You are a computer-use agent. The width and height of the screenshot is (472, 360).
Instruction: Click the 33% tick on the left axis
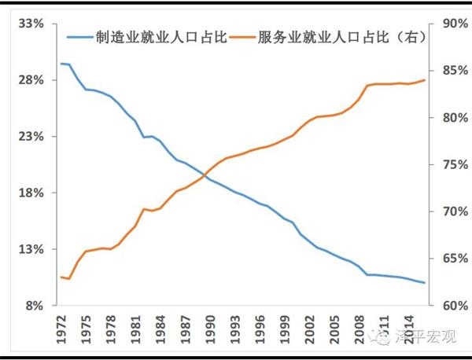(x=29, y=24)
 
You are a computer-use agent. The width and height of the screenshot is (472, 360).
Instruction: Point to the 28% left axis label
(x=29, y=80)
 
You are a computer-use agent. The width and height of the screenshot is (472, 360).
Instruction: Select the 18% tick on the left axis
(x=29, y=193)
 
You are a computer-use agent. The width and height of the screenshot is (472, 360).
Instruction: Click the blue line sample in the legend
(x=79, y=37)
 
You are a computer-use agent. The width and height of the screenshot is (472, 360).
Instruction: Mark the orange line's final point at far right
(x=425, y=80)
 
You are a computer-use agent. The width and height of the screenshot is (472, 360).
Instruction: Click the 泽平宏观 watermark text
(x=428, y=340)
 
